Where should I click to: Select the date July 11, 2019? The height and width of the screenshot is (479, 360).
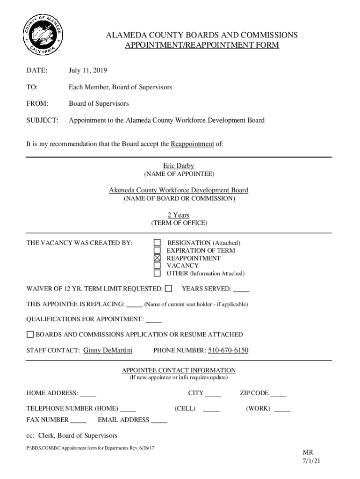(88, 71)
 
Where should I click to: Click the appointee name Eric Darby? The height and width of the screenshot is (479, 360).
(178, 166)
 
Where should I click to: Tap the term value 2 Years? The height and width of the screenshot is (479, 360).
(179, 215)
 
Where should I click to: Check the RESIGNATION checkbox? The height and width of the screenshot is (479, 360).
(158, 243)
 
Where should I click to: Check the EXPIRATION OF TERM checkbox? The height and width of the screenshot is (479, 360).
(158, 250)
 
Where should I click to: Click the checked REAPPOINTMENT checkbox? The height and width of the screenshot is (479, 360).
(158, 258)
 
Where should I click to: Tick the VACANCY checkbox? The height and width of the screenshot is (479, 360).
(158, 266)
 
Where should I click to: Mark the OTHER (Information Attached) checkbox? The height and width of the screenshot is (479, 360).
(158, 273)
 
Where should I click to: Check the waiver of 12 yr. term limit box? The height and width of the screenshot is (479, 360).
(168, 289)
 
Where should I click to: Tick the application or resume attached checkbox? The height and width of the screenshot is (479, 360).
(30, 334)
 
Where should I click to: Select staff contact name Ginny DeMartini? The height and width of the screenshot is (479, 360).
(108, 350)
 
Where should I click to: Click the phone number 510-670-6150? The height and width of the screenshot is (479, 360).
(228, 350)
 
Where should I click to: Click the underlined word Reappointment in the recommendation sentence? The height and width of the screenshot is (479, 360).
(192, 144)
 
